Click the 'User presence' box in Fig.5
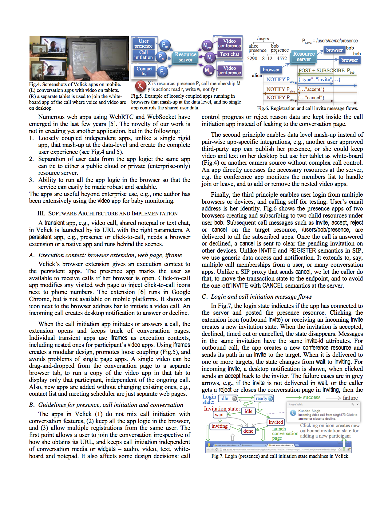144,44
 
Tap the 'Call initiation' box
144,55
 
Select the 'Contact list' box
145,71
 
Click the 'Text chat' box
229,54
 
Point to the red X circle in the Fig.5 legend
140,86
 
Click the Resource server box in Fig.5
185,57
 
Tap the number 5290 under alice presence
252,58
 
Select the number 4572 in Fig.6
282,58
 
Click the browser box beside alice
271,70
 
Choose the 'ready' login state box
264,399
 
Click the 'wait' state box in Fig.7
220,415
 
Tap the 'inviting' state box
220,426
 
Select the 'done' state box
248,431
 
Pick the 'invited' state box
275,422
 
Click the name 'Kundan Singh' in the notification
309,411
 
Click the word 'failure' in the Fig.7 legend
350,398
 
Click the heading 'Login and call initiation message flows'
261,297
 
